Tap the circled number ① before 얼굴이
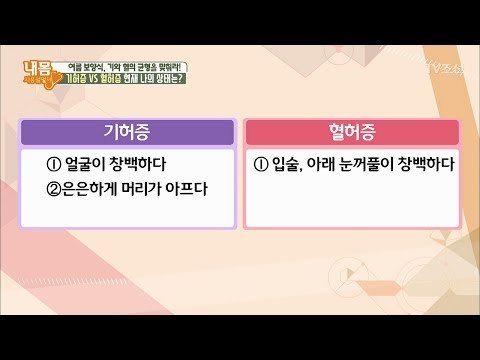tap(54, 164)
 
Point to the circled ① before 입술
tap(261, 164)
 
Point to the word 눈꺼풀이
tap(375, 164)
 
